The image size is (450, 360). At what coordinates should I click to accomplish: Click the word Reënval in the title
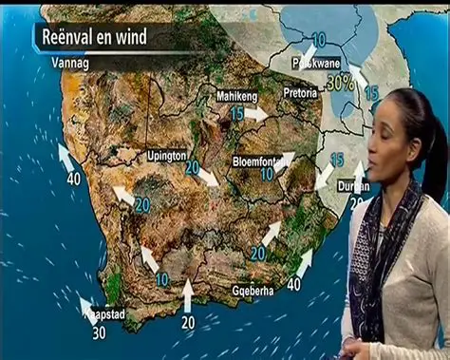pos(75,38)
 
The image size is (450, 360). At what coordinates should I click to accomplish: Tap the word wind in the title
pos(151,38)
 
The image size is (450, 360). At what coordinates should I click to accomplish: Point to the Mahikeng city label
pos(236,96)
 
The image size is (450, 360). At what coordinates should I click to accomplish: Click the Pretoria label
pos(301,93)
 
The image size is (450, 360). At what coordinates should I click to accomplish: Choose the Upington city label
pos(167,155)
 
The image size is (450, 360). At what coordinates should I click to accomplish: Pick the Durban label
pos(351,187)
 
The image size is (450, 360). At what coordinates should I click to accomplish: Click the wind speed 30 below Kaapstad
pos(99,332)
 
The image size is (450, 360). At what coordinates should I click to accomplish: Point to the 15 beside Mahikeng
pos(237,113)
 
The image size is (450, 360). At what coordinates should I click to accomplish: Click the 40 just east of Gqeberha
pos(293,284)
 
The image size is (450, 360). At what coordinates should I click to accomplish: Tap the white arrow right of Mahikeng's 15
pos(257,113)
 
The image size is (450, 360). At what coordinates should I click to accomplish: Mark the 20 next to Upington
pos(192,167)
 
